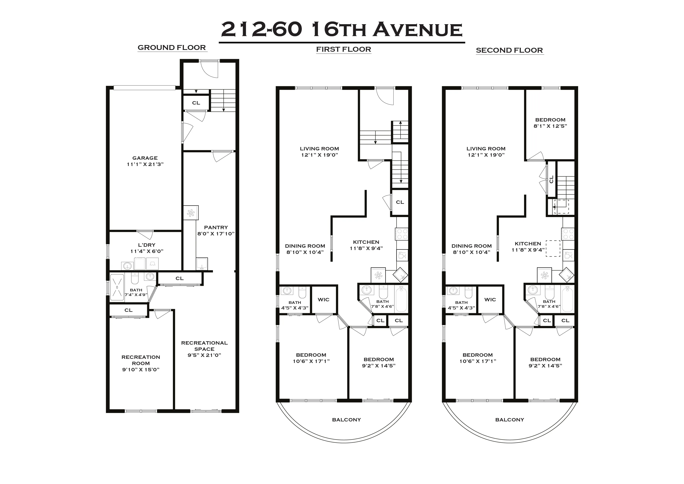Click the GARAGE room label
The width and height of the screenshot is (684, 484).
click(x=145, y=158)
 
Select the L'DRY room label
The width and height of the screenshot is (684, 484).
click(x=147, y=245)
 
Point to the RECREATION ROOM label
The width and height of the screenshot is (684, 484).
click(x=141, y=360)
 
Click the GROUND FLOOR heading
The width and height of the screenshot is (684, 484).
click(x=172, y=48)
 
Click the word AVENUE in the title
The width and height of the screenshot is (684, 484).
click(x=417, y=30)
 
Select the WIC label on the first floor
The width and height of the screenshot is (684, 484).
click(x=323, y=300)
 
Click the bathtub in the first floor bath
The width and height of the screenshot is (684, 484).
click(x=401, y=299)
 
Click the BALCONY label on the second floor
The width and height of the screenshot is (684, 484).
click(x=509, y=420)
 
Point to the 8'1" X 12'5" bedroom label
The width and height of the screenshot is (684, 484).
click(x=550, y=126)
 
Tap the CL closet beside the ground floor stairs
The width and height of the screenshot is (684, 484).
click(x=196, y=103)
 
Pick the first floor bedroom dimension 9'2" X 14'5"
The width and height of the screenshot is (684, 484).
click(x=379, y=366)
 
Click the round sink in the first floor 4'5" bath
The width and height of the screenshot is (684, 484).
click(x=287, y=291)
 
